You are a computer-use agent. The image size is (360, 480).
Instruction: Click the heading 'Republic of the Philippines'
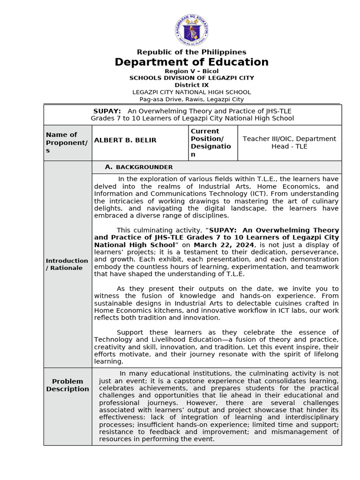tap(191, 52)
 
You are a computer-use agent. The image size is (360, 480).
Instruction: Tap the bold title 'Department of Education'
tap(191, 62)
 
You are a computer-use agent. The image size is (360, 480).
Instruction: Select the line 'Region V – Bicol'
tap(191, 71)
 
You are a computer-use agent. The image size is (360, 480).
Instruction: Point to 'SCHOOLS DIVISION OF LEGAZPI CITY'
tap(191, 78)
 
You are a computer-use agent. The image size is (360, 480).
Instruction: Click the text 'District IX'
tap(191, 85)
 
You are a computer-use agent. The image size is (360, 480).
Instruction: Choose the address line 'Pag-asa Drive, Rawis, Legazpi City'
tap(191, 99)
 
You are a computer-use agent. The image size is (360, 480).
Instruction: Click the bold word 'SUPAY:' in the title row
tap(107, 111)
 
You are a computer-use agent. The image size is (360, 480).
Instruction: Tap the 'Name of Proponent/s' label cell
tap(67, 142)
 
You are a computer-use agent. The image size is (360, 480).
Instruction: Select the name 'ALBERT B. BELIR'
tap(125, 140)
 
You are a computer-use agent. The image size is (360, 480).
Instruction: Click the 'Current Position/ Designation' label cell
tap(211, 142)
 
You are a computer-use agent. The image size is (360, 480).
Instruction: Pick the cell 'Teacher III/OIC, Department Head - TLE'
tap(289, 142)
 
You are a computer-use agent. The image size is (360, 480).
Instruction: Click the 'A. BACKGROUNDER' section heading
tap(139, 167)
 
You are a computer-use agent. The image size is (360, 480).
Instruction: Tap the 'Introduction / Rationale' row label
tap(67, 264)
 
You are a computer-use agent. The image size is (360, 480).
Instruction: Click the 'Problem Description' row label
tap(67, 385)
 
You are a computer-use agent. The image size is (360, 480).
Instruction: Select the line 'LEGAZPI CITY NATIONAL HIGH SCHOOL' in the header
tap(191, 92)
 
